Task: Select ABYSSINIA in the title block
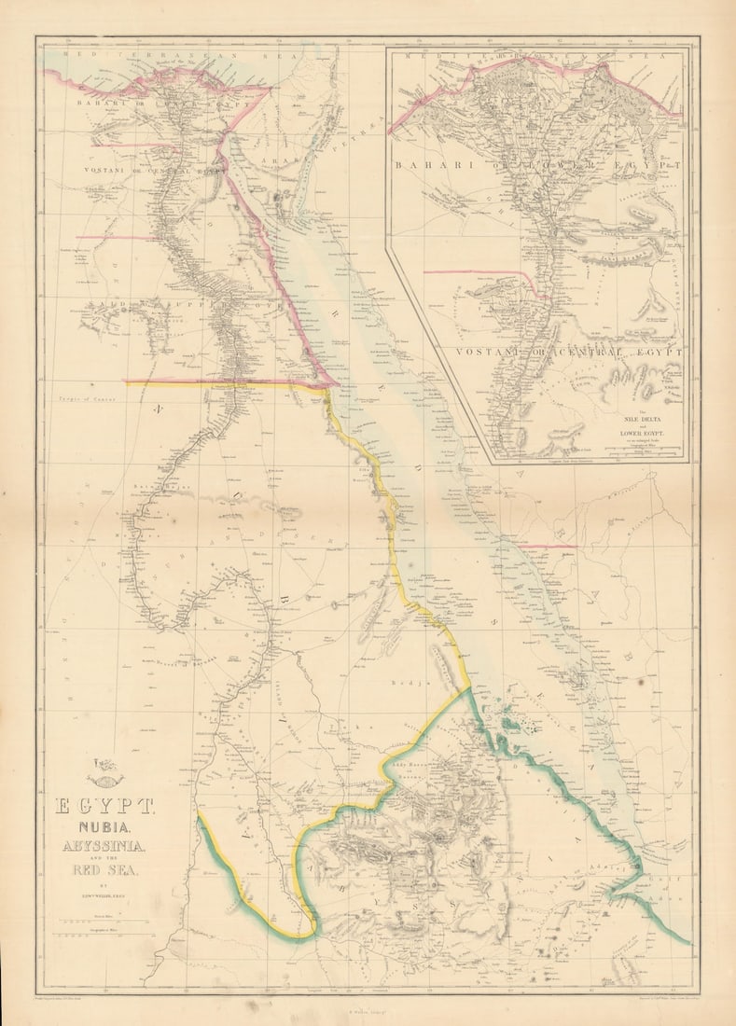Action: [x=104, y=848]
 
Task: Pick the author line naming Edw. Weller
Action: [x=104, y=899]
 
